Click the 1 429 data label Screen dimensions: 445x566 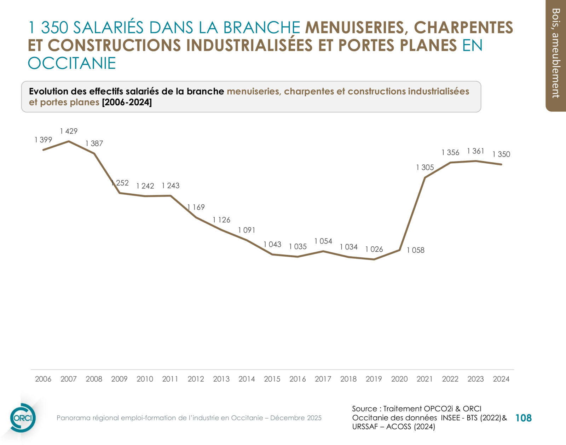click(x=69, y=131)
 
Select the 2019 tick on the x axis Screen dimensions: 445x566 click(x=374, y=379)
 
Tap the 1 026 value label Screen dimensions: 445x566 click(x=374, y=249)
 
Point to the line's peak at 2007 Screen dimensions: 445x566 click(x=69, y=141)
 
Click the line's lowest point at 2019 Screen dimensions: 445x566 click(x=374, y=259)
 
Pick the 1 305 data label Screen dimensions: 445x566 click(x=424, y=168)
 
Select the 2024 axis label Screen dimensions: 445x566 click(x=501, y=379)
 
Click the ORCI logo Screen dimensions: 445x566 click(x=23, y=418)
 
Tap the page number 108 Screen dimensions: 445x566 click(x=523, y=418)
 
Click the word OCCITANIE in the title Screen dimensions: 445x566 click(x=72, y=64)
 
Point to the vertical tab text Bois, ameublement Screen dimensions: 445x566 click(x=556, y=53)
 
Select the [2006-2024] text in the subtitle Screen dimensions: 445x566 click(x=127, y=103)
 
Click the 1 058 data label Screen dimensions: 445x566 click(x=415, y=250)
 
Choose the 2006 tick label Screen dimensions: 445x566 click(x=43, y=379)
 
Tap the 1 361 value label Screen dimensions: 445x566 click(x=475, y=151)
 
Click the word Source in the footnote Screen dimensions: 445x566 click(x=364, y=409)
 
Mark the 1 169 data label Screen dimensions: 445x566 click(x=196, y=207)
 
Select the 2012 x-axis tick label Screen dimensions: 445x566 click(x=196, y=379)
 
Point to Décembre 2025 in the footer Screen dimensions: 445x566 click(x=296, y=418)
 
